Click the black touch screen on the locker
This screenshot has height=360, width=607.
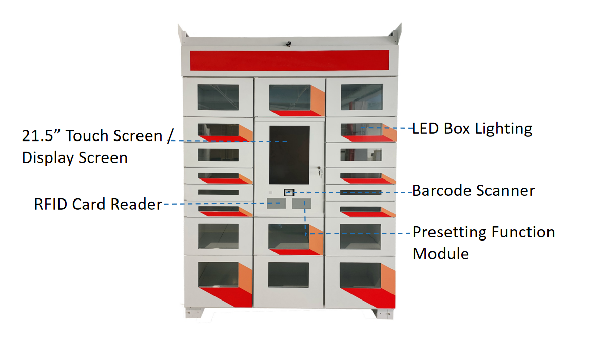tap(289, 155)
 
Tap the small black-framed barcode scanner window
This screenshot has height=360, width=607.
tap(289, 192)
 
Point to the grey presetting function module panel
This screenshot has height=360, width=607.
tap(301, 204)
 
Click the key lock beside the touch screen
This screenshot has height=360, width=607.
tap(319, 170)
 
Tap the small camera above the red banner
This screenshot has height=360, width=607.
tap(289, 43)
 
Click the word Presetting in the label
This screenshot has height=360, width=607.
tap(449, 233)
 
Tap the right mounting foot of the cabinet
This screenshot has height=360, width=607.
tap(382, 312)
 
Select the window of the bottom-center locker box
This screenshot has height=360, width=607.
tap(288, 275)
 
